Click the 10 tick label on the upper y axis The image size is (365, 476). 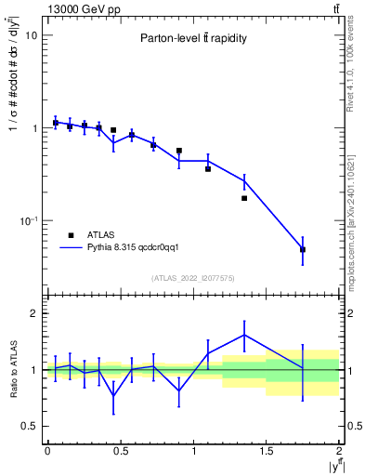(x=31, y=35)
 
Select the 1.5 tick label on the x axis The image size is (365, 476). (x=267, y=451)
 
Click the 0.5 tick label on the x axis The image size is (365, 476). (x=121, y=451)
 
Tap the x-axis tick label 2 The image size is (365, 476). (x=340, y=451)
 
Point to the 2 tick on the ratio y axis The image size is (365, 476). (x=33, y=313)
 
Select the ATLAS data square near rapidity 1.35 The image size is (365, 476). (x=244, y=198)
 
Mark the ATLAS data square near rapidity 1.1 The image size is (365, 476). (x=208, y=168)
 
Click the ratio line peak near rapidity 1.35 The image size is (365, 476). (x=244, y=335)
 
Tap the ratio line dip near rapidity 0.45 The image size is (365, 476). (x=113, y=396)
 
